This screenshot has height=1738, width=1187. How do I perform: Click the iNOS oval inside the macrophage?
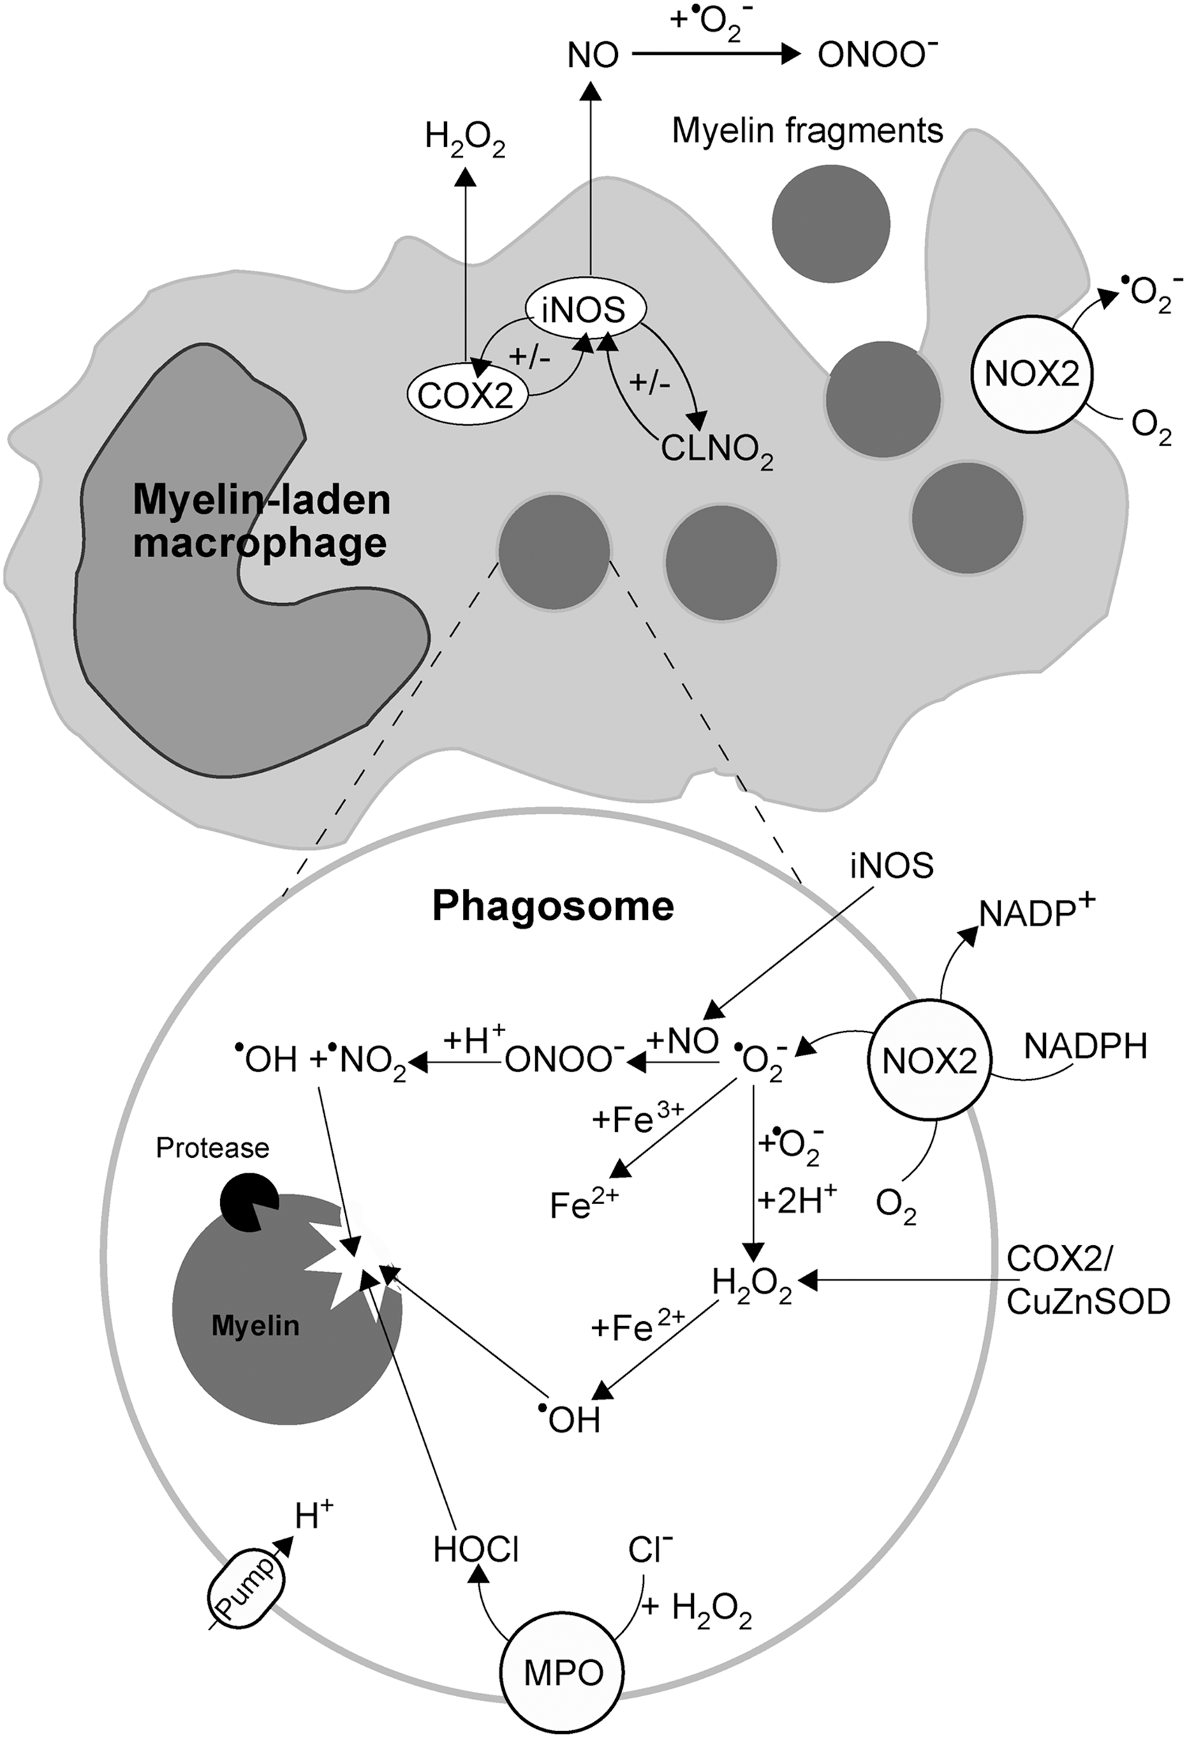586,308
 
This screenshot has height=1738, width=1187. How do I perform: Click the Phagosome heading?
554,907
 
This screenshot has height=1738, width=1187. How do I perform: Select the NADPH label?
1085,1046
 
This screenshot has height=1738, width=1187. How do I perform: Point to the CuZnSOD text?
1089,1304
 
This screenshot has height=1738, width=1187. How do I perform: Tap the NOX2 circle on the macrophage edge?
1032,373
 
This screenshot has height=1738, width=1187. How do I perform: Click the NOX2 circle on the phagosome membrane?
930,1062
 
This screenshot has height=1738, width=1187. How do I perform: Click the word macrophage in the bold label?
260,542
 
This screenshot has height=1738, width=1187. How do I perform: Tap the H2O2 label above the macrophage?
465,139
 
